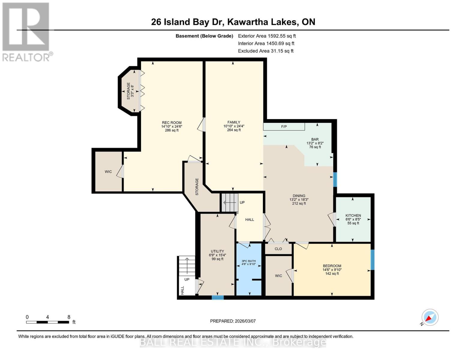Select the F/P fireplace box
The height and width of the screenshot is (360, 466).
(x=284, y=127)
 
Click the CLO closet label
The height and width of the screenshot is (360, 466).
(x=278, y=249)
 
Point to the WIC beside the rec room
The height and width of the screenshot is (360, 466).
(x=108, y=172)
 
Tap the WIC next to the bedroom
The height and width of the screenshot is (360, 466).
(x=278, y=276)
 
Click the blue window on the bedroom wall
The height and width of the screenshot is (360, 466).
(x=372, y=260)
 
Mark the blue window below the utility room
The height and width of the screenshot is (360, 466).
(x=218, y=298)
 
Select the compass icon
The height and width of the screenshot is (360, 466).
(x=430, y=317)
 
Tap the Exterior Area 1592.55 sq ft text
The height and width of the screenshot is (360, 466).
(x=267, y=36)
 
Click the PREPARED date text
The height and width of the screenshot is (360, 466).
(x=233, y=321)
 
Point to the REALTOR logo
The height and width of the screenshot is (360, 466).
(x=26, y=31)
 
